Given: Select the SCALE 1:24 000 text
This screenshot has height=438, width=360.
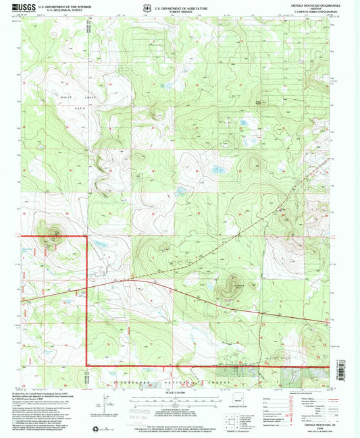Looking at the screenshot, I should [x=182, y=393].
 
